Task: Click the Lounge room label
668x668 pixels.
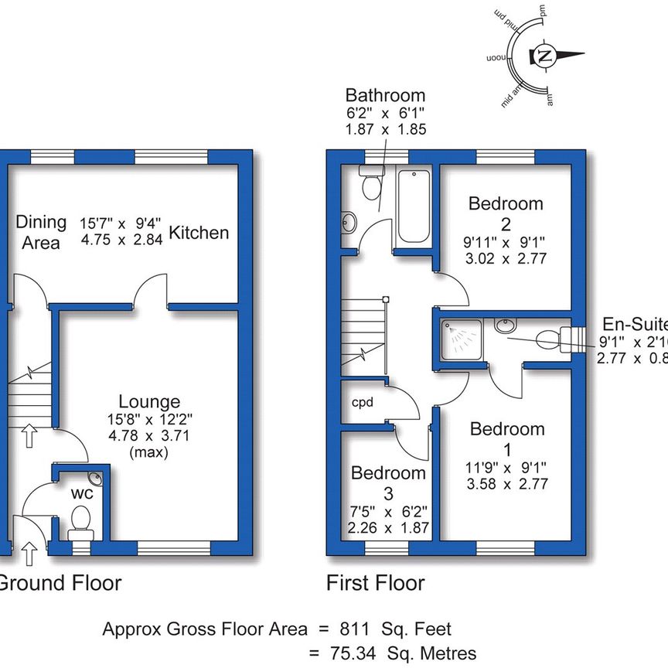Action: pyautogui.click(x=149, y=402)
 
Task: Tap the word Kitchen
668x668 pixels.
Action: pyautogui.click(x=199, y=233)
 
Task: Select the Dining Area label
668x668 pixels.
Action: pyautogui.click(x=41, y=233)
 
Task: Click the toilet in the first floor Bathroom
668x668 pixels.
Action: pyautogui.click(x=370, y=185)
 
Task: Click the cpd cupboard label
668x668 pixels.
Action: pyautogui.click(x=362, y=403)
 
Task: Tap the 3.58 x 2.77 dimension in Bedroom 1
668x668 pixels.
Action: pyautogui.click(x=507, y=485)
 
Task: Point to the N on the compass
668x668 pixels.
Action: pyautogui.click(x=545, y=56)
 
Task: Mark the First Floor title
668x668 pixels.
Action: pyautogui.click(x=375, y=582)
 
